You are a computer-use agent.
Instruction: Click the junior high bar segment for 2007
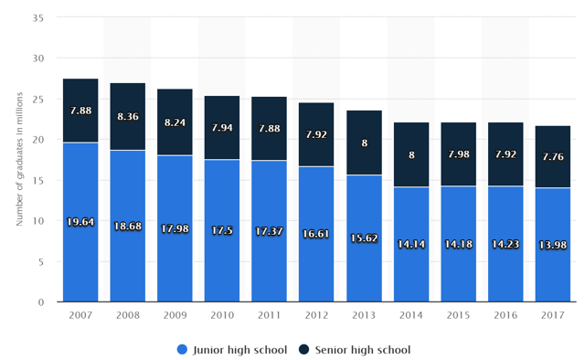[80, 222]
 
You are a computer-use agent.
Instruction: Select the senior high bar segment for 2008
[128, 116]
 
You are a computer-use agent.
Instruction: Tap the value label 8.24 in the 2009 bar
[175, 122]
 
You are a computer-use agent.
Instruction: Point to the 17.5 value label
[222, 230]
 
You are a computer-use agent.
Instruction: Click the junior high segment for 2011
[269, 231]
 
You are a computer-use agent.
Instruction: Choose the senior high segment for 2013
[364, 143]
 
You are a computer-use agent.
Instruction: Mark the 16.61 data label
[316, 234]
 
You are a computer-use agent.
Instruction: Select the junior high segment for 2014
[411, 244]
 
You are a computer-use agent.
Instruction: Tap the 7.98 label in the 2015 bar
[459, 154]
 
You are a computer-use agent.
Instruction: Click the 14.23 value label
[505, 244]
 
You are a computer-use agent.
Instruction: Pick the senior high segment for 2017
[553, 156]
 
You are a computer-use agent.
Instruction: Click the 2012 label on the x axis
[316, 315]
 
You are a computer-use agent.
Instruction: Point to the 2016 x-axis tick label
[505, 315]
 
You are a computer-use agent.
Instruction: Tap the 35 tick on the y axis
[38, 18]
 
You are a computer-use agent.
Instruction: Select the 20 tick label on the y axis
[38, 140]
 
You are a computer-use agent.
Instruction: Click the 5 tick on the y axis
[40, 262]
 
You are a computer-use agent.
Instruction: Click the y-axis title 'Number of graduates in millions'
[19, 159]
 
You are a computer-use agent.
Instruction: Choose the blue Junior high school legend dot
[182, 350]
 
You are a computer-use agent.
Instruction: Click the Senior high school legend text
[363, 350]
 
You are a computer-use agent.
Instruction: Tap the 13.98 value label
[553, 245]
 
